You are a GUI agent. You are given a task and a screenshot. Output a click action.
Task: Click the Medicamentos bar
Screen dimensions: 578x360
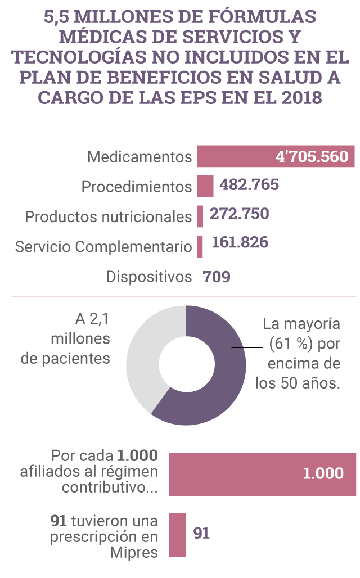click(236, 156)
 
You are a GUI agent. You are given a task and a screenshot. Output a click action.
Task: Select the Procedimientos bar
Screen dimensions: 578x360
click(205, 186)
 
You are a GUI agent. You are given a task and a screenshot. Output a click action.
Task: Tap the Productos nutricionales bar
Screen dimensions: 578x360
click(200, 216)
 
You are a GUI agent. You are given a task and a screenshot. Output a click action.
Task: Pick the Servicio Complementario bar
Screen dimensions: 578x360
click(200, 246)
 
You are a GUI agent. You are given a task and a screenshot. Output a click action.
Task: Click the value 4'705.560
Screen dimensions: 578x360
click(312, 156)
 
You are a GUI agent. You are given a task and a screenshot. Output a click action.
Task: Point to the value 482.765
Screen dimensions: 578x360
click(249, 184)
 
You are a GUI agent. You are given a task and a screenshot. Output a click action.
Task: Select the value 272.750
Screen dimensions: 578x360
click(240, 214)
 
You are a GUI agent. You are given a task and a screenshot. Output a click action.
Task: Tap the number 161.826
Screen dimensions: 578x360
click(240, 243)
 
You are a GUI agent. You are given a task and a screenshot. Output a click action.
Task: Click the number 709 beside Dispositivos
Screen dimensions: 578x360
click(217, 277)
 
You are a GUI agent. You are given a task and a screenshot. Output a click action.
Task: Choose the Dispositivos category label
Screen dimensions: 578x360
click(149, 277)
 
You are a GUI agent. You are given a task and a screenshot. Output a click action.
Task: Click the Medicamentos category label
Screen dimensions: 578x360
click(139, 157)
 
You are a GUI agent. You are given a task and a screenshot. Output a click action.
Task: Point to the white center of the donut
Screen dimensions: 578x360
click(186, 365)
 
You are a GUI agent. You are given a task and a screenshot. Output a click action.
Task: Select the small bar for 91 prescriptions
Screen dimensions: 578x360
click(178, 535)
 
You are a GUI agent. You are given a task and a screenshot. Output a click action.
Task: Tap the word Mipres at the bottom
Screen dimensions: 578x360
click(134, 552)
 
